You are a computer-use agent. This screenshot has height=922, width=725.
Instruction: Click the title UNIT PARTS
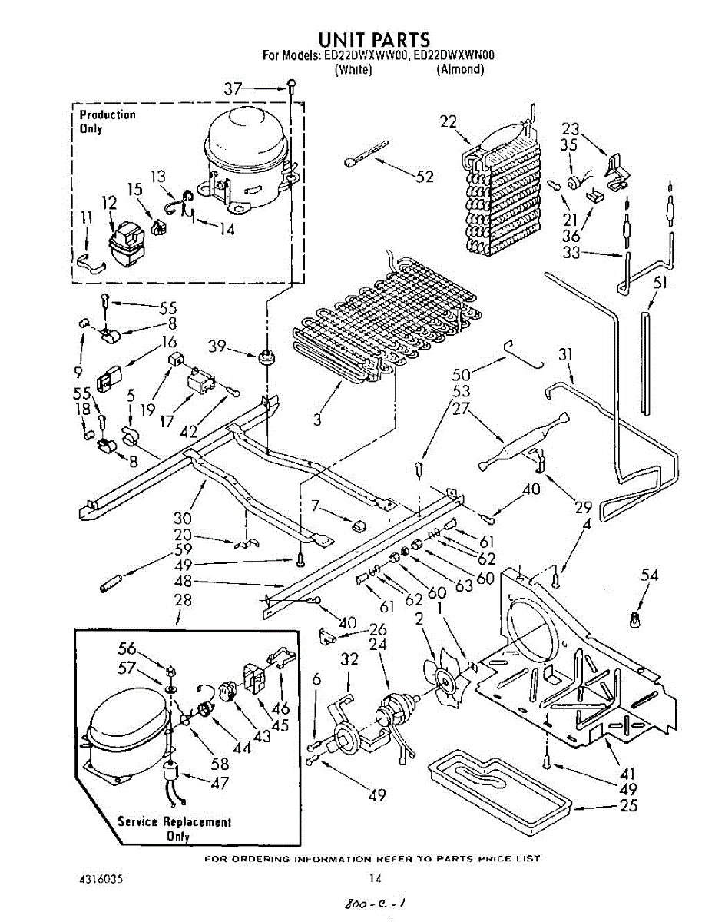tap(373, 39)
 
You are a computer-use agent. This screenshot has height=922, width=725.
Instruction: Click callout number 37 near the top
tap(233, 89)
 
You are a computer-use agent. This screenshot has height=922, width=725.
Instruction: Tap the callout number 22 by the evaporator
tap(449, 121)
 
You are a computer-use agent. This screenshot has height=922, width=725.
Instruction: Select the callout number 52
tap(424, 177)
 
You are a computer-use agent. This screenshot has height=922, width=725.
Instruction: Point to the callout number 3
tap(317, 420)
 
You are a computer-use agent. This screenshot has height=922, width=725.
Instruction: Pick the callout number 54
tap(649, 575)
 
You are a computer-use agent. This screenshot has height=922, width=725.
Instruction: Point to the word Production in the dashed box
tap(108, 114)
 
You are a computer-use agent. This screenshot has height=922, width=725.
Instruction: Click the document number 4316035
tap(101, 880)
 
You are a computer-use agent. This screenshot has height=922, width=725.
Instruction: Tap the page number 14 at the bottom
tap(375, 879)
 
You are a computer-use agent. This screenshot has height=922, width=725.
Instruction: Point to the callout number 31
tap(565, 355)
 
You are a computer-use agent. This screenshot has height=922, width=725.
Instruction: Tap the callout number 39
tap(217, 346)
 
